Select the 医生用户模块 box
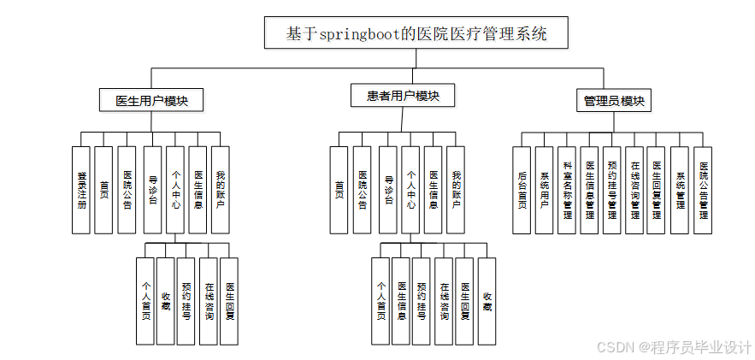(x=152, y=100)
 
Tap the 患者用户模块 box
(x=402, y=96)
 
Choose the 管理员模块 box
(x=614, y=101)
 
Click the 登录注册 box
(x=81, y=190)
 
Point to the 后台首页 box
(x=522, y=190)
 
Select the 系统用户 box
(x=545, y=190)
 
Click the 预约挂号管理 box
(x=612, y=190)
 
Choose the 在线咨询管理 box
(x=634, y=190)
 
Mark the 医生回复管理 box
(x=657, y=190)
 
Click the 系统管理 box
(x=679, y=190)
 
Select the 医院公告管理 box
(x=702, y=190)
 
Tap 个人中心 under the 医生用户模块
(x=174, y=190)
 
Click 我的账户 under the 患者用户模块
(x=456, y=190)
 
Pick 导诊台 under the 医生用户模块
(x=152, y=190)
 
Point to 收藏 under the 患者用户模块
(x=487, y=301)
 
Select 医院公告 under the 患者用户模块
(x=363, y=190)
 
